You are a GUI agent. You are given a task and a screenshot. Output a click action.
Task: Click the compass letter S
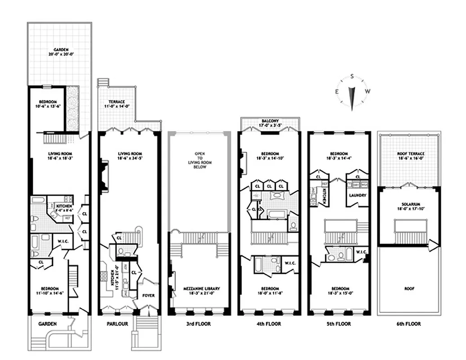tap(352, 76)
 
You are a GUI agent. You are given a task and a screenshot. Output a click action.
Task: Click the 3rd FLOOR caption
tap(198, 324)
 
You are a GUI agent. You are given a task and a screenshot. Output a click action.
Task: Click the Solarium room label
tap(409, 207)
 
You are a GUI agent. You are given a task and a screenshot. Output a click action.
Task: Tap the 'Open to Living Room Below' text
tap(199, 160)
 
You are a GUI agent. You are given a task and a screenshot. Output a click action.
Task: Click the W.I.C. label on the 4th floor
tap(289, 263)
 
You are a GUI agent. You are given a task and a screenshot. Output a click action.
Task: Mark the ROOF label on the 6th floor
tap(409, 288)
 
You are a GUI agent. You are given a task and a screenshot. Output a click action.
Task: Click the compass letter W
tap(367, 91)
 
